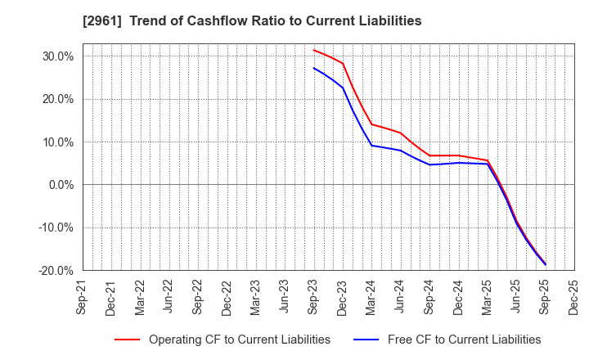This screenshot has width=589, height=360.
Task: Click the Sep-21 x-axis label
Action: pyautogui.click(x=82, y=296)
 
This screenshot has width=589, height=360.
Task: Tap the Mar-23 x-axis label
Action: pyautogui.click(x=255, y=296)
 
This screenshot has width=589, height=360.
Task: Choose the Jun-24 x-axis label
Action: pyautogui.click(x=400, y=296)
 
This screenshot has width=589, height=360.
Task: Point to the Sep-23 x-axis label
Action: pyautogui.click(x=313, y=296)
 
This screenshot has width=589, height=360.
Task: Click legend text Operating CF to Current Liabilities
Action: pyautogui.click(x=239, y=340)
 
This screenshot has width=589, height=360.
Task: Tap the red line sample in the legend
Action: pyautogui.click(x=126, y=340)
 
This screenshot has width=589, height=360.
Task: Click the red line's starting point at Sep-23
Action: pyautogui.click(x=313, y=50)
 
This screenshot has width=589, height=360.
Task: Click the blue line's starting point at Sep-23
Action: pyautogui.click(x=313, y=68)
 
